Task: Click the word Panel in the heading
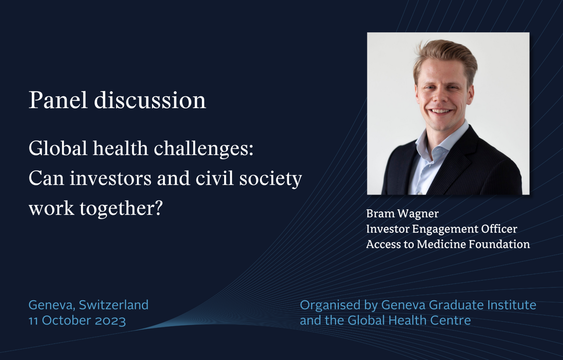[58, 100]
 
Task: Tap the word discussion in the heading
[150, 100]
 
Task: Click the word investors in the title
[110, 178]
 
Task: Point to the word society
[271, 179]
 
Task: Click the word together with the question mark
[121, 209]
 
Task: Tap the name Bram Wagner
[403, 214]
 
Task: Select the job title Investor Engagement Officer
[442, 229]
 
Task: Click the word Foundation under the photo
[499, 244]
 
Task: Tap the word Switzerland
[114, 305]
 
